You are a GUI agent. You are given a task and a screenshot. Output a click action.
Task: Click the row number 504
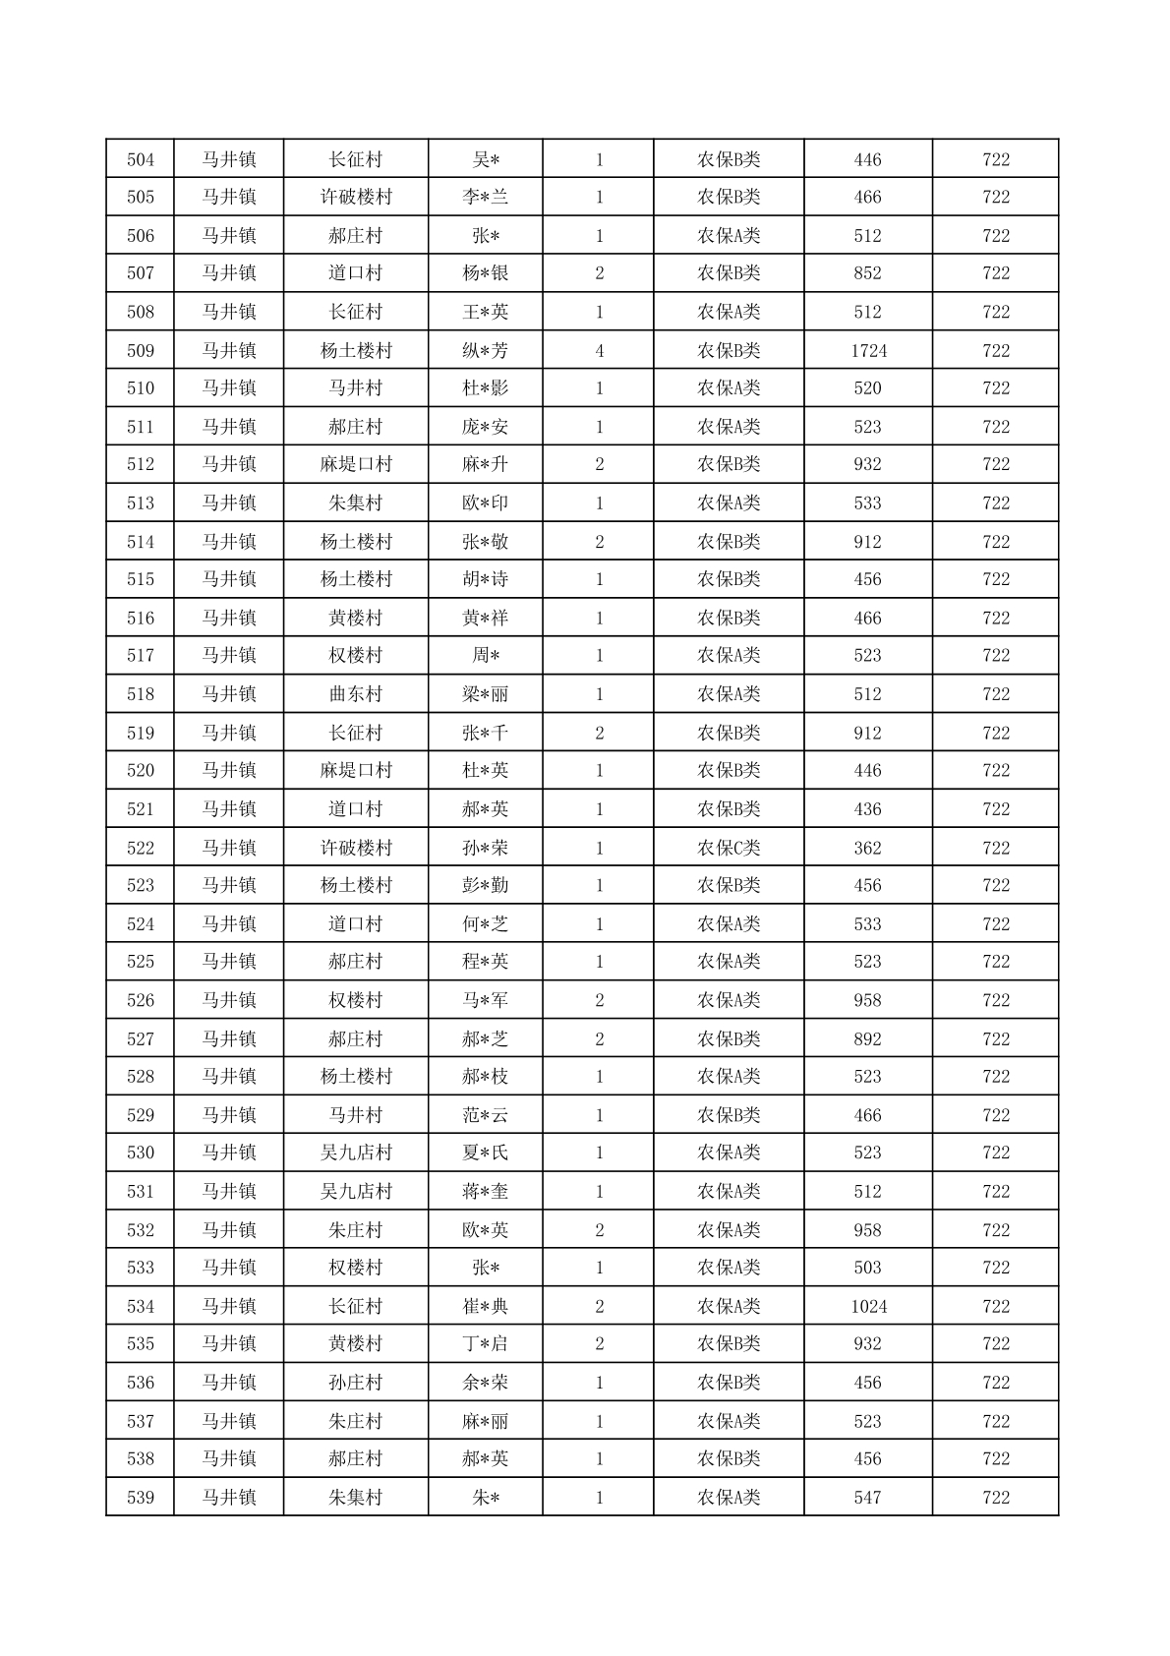pyautogui.click(x=141, y=159)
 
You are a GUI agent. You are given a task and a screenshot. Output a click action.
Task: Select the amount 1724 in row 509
pyautogui.click(x=868, y=350)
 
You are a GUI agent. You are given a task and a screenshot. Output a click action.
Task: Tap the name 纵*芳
pyautogui.click(x=486, y=350)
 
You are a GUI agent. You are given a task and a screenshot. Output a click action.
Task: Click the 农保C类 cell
pyautogui.click(x=729, y=848)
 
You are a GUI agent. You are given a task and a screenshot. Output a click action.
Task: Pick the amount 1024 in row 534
pyautogui.click(x=868, y=1306)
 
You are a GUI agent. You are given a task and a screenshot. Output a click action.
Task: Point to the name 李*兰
pyautogui.click(x=486, y=197)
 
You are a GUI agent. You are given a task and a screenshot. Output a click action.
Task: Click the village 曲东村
pyautogui.click(x=355, y=694)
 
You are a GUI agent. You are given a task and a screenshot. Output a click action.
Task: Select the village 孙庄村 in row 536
pyautogui.click(x=355, y=1383)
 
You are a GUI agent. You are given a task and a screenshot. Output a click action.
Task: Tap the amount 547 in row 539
pyautogui.click(x=868, y=1498)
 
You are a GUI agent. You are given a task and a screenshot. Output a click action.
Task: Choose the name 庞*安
pyautogui.click(x=486, y=427)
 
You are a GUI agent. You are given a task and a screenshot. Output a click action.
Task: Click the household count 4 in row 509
pyautogui.click(x=599, y=350)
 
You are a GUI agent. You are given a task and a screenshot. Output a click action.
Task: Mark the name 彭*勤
pyautogui.click(x=486, y=885)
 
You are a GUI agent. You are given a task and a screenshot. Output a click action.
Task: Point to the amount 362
pyautogui.click(x=868, y=848)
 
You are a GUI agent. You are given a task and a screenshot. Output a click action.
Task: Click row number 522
pyautogui.click(x=141, y=848)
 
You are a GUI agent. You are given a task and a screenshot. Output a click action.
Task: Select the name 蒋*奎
pyautogui.click(x=486, y=1191)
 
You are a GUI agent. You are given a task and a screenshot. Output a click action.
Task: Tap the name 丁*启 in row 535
pyautogui.click(x=486, y=1344)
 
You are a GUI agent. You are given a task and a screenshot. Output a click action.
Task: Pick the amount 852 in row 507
pyautogui.click(x=868, y=273)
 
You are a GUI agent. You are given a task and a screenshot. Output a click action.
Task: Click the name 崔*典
pyautogui.click(x=486, y=1306)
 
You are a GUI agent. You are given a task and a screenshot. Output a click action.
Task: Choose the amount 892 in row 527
pyautogui.click(x=868, y=1038)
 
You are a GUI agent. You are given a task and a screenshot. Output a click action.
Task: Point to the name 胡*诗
pyautogui.click(x=486, y=579)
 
